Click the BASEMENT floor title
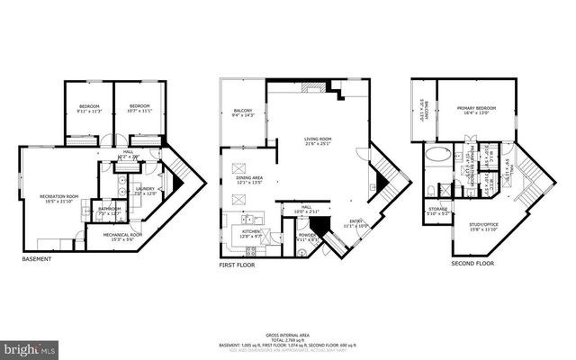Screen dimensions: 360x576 [x=36, y=259]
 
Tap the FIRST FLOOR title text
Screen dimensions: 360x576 [x=238, y=266]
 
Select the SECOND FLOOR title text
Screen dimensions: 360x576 [x=473, y=264]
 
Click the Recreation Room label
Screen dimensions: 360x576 [x=59, y=199]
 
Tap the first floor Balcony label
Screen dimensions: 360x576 [x=244, y=113]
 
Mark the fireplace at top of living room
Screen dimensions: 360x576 [x=314, y=87]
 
